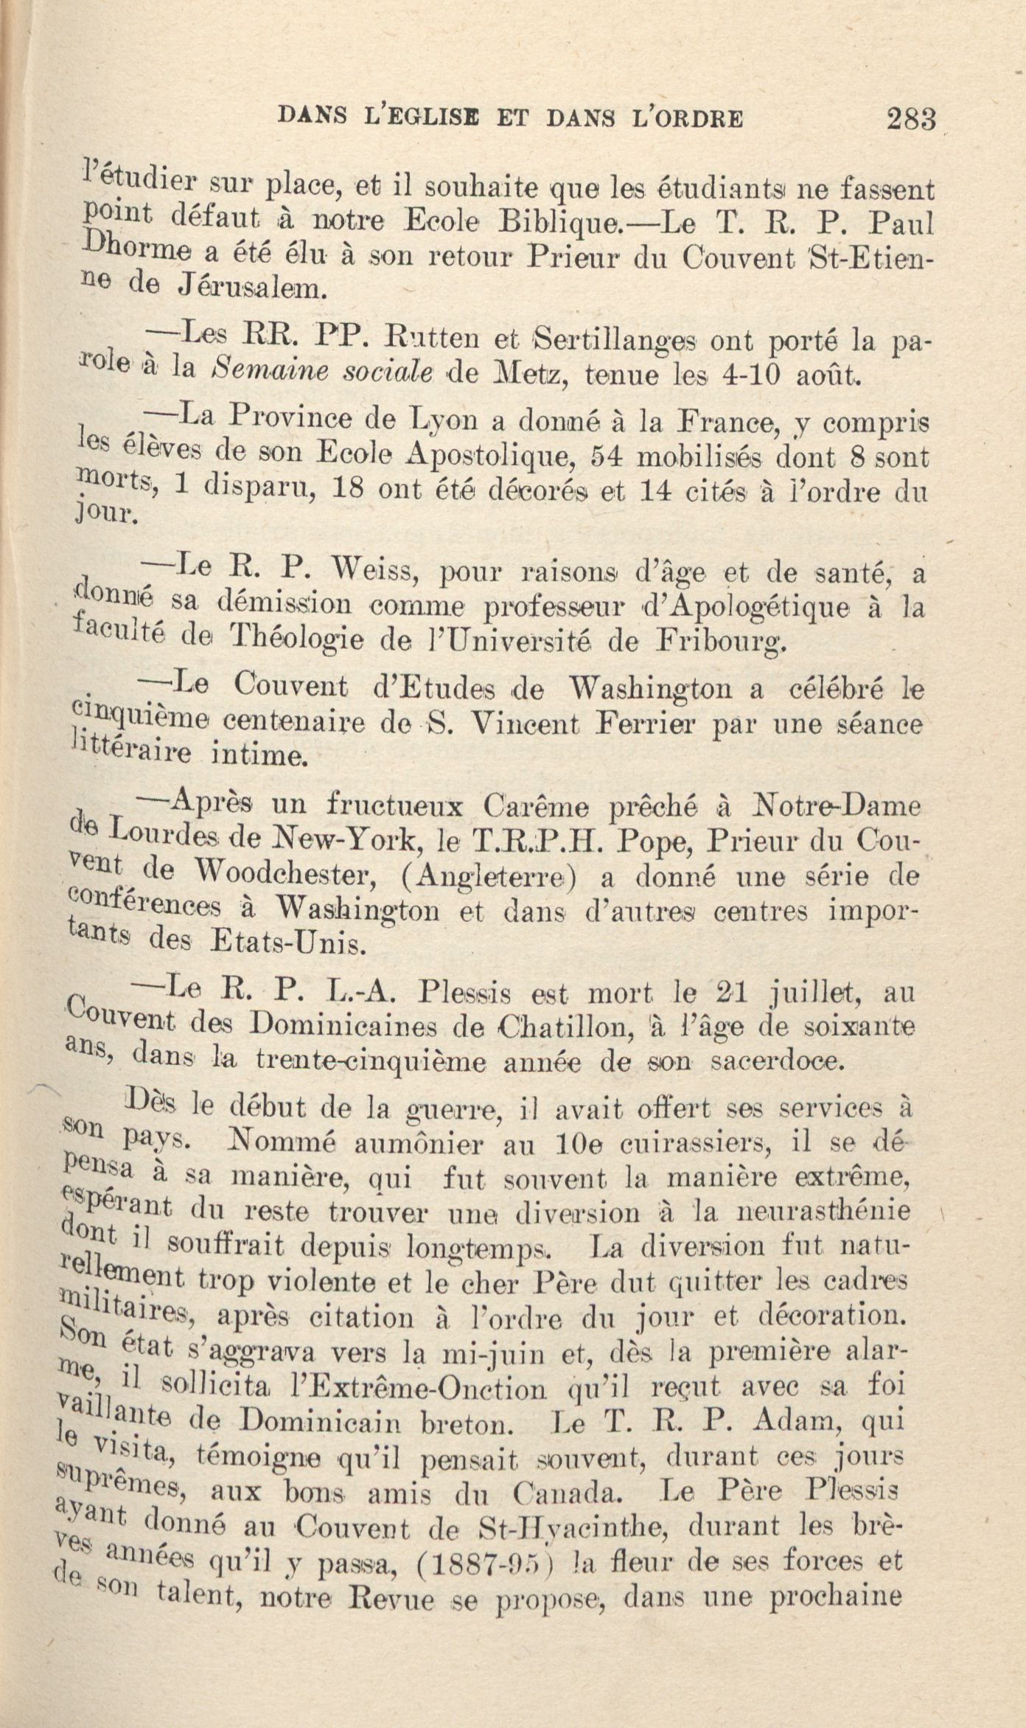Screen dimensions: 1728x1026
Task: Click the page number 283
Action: pos(912,119)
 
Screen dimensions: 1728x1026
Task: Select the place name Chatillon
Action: pos(563,1028)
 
